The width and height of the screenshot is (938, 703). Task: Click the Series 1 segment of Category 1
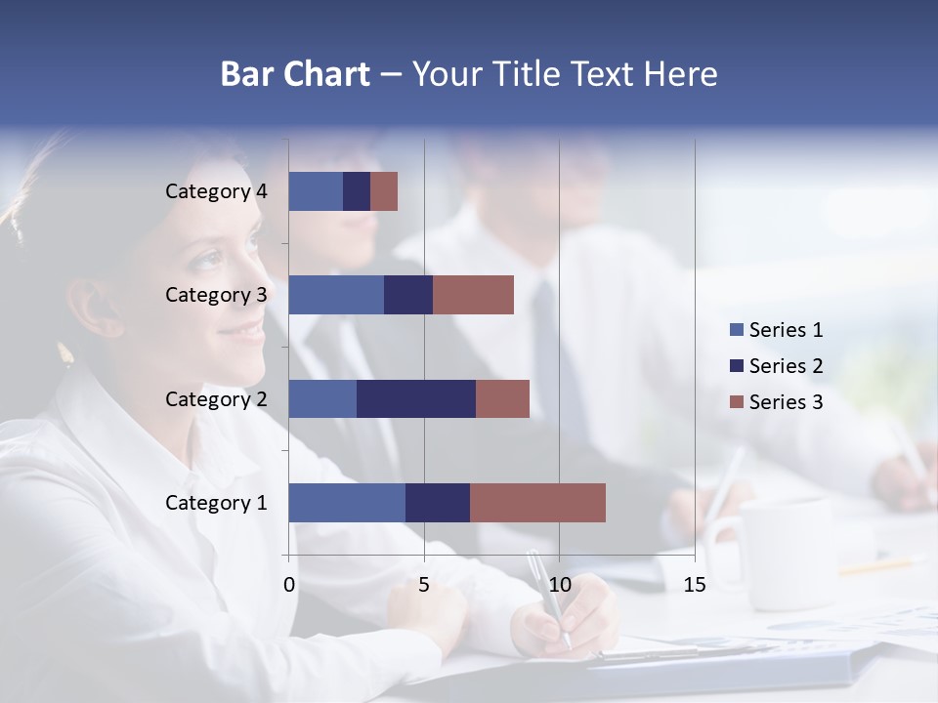pyautogui.click(x=347, y=503)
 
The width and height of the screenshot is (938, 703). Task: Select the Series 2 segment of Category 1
pyautogui.click(x=438, y=503)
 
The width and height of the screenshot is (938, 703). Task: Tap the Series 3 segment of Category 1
pyautogui.click(x=537, y=503)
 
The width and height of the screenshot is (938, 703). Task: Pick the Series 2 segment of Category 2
pyautogui.click(x=416, y=398)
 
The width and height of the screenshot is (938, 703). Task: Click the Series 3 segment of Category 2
pyautogui.click(x=502, y=398)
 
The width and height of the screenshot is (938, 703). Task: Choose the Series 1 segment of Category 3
pyautogui.click(x=336, y=295)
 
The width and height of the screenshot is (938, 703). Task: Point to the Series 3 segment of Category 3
pyautogui.click(x=473, y=295)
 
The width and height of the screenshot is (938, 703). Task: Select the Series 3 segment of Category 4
pyautogui.click(x=384, y=191)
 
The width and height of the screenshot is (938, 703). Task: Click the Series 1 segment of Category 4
pyautogui.click(x=316, y=191)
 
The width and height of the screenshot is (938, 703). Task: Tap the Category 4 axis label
pyautogui.click(x=216, y=191)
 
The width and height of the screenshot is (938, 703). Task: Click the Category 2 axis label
pyautogui.click(x=216, y=398)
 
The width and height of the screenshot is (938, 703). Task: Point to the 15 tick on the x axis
pyautogui.click(x=694, y=585)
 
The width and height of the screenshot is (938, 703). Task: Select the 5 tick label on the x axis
pyautogui.click(x=424, y=585)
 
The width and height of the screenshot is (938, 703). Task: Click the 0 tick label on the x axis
pyautogui.click(x=289, y=585)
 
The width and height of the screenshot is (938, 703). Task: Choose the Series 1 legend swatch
pyautogui.click(x=737, y=330)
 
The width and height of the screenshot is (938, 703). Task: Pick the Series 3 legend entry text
pyautogui.click(x=786, y=401)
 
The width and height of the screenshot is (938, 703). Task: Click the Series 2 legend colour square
pyautogui.click(x=737, y=366)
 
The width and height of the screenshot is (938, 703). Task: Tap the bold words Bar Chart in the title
pyautogui.click(x=295, y=74)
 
